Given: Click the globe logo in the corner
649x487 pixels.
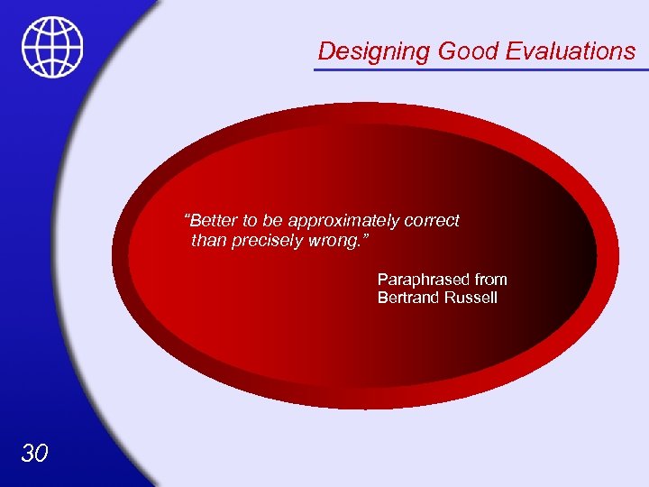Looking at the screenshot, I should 52,47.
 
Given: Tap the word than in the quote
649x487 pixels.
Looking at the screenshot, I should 208,241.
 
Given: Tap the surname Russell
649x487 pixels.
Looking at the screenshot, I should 470,298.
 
